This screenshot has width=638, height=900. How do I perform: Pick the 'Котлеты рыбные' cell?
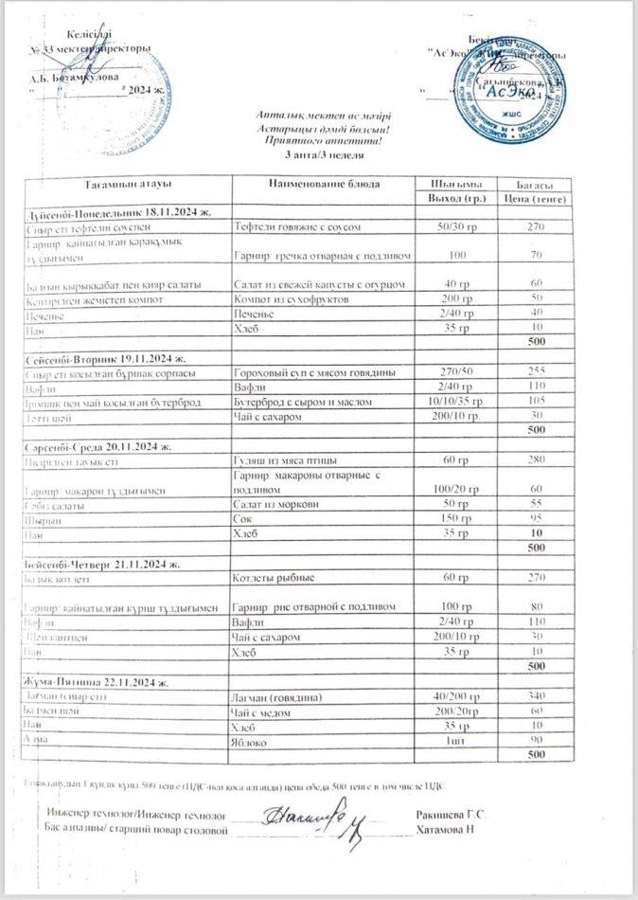[272, 576]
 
